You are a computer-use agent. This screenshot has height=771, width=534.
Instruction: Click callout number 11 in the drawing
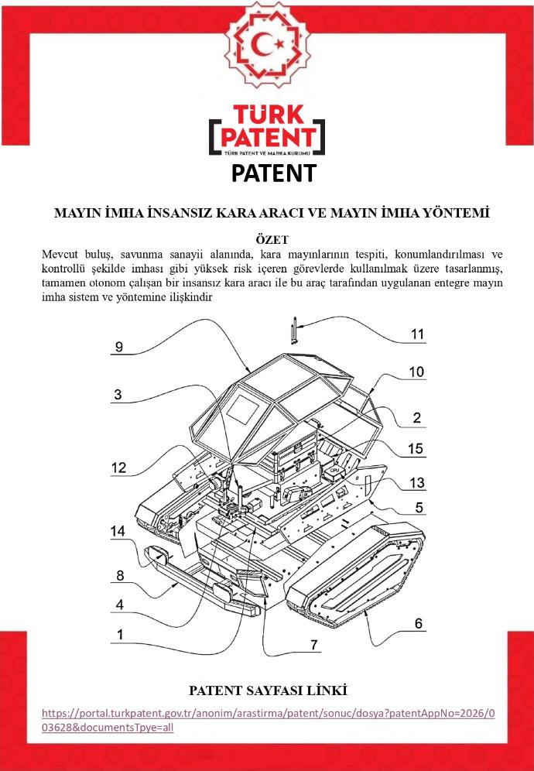point(418,334)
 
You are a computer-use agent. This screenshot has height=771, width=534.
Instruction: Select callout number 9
point(118,348)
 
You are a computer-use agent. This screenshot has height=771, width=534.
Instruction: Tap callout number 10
point(416,372)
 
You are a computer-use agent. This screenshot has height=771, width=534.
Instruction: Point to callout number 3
point(118,395)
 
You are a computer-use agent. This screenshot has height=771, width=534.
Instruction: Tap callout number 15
point(416,449)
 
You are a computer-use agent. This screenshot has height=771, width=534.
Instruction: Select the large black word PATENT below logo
point(274,173)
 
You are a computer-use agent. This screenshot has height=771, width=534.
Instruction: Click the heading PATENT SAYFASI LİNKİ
point(267,690)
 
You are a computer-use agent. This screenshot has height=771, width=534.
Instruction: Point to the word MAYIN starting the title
point(79,212)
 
